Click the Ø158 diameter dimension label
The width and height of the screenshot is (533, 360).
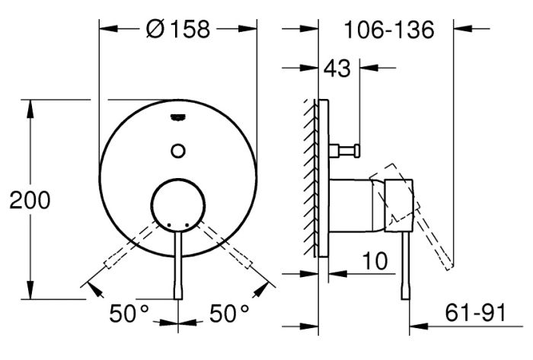coord(177,29)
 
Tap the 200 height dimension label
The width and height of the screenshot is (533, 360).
coord(30,200)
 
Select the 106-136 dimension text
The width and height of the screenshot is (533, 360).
coord(389,30)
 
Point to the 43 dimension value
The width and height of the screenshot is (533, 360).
coord(337,68)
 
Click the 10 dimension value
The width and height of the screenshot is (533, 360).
coord(375,261)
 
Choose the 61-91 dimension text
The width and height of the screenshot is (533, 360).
coord(476,313)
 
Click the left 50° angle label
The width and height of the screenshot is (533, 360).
coord(129,313)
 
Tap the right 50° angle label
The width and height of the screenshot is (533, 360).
coord(229,313)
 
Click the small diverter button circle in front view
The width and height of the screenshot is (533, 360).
coord(178,151)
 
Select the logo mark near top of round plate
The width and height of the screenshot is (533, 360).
coord(177,117)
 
